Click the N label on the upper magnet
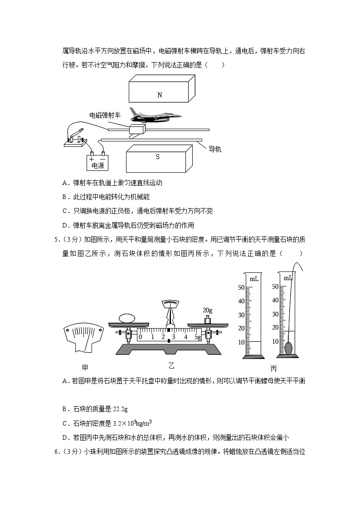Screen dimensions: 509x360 159,95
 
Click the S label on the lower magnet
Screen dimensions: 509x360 157,157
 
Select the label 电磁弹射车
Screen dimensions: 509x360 105,116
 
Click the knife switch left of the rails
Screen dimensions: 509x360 75,137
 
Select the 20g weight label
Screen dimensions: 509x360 208,310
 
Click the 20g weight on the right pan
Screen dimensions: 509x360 208,320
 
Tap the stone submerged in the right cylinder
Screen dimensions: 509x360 288,348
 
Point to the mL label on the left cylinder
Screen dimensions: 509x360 254,279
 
